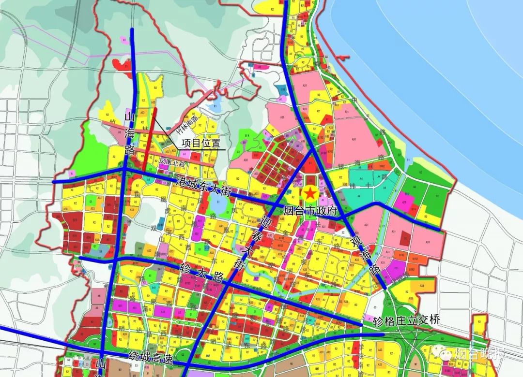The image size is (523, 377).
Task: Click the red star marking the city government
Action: (310, 193)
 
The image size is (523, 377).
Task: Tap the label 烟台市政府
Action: (310, 211)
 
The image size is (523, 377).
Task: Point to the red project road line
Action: (149, 140)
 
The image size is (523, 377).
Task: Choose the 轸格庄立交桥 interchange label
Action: (407, 320)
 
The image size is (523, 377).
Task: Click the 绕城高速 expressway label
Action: (150, 356)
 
